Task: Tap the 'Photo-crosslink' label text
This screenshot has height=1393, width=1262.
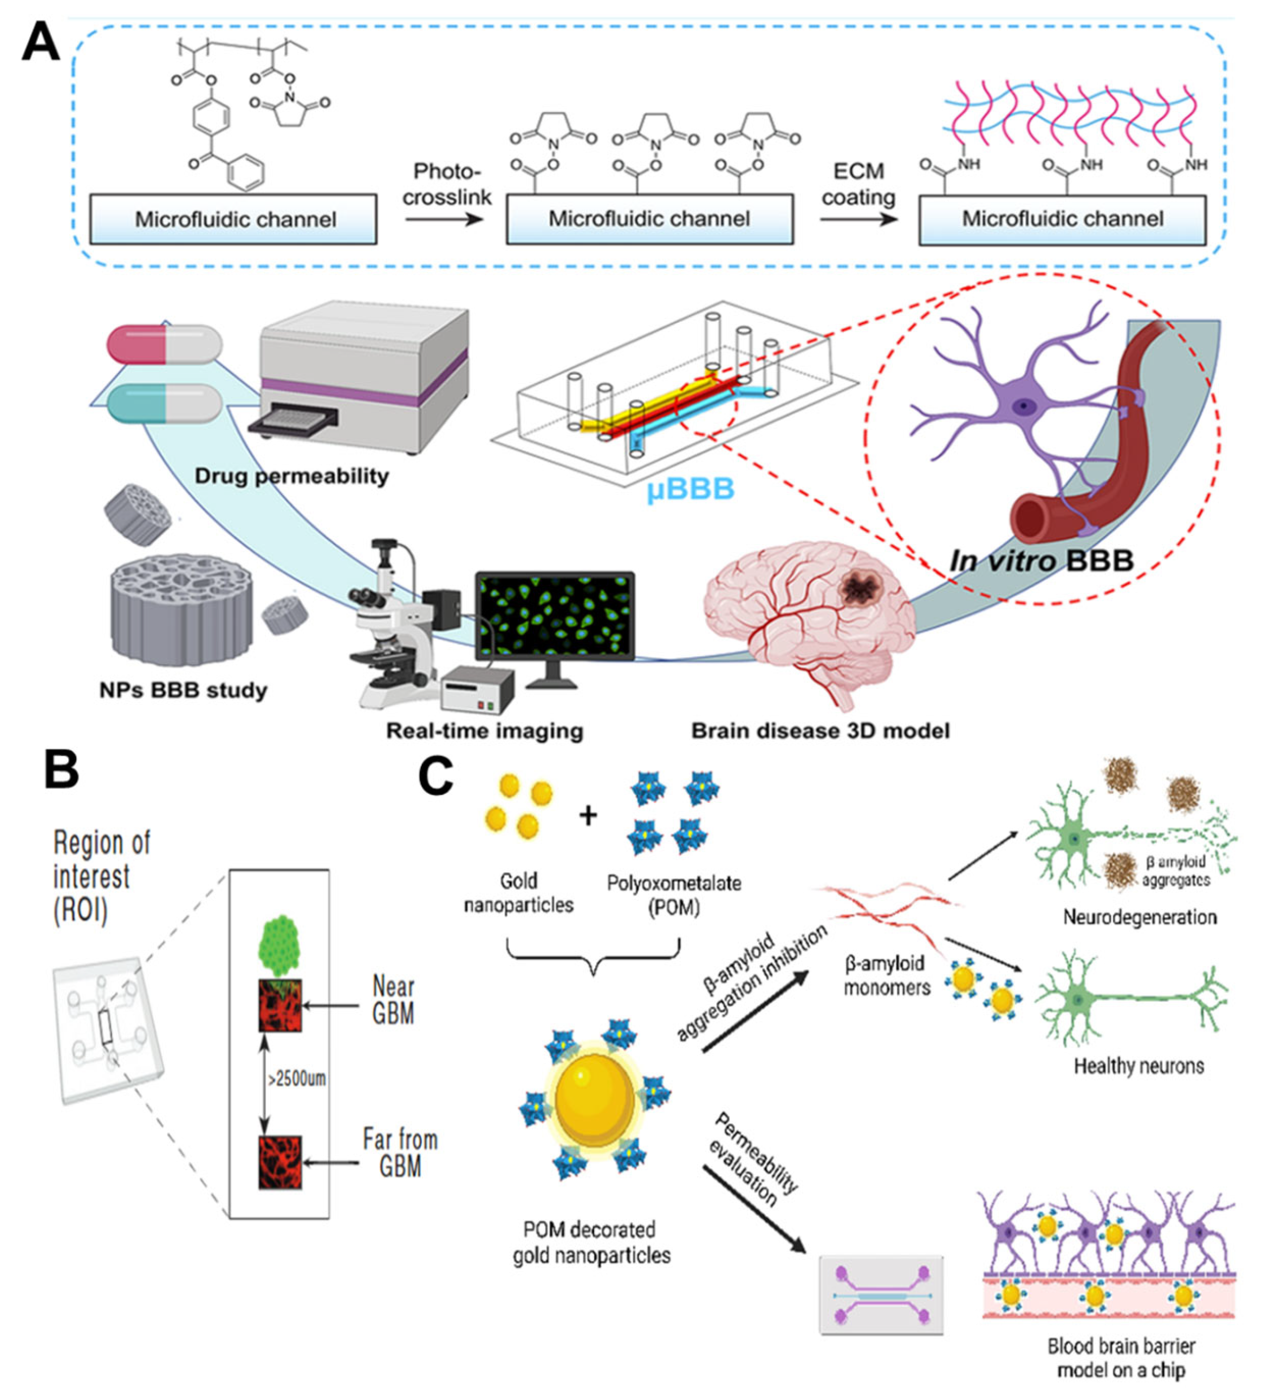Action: tap(447, 185)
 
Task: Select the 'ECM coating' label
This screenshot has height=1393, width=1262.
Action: tap(858, 185)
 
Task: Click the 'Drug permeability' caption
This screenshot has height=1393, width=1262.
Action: tap(291, 476)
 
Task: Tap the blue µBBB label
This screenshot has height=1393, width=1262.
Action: tap(689, 490)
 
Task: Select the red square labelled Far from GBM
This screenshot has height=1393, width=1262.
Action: tap(280, 1162)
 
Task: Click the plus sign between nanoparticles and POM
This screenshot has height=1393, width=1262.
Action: tap(588, 816)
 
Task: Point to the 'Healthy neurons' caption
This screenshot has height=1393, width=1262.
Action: tap(1139, 1066)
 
